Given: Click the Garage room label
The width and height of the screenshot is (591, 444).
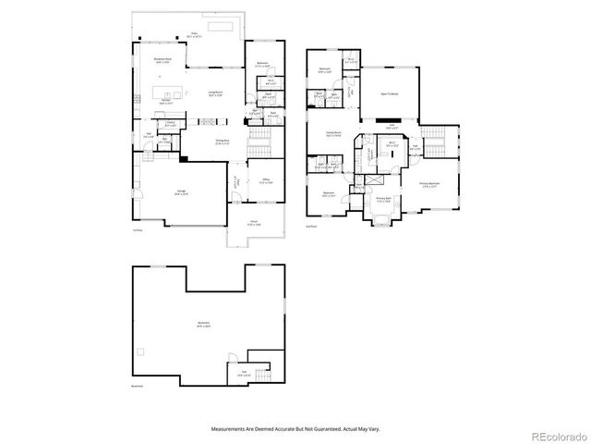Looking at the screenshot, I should [184, 192].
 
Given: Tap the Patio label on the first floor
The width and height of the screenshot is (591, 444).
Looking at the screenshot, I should [195, 35].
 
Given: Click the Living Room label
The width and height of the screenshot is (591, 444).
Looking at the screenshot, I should [215, 93].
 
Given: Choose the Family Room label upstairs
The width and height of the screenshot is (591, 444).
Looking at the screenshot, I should [332, 133].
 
